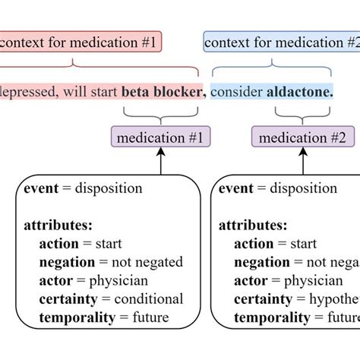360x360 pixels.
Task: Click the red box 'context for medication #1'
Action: point(80,43)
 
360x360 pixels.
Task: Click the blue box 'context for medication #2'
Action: point(281,43)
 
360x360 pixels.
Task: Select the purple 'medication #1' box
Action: point(160,137)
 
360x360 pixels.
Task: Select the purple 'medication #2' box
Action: point(302,137)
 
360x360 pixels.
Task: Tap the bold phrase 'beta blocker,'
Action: point(163,92)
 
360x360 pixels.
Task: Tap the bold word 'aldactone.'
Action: point(299,92)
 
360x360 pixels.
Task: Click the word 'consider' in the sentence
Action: point(237,92)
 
